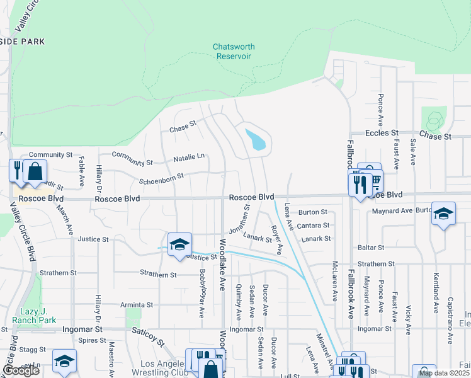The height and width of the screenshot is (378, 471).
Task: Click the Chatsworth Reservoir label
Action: pos(233,52)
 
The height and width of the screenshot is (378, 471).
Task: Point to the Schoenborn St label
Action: pos(162,178)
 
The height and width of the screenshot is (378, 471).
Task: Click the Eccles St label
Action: pos(383,134)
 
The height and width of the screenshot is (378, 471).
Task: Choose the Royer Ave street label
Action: pos(276,239)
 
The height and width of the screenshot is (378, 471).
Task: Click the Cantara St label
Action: pos(314,226)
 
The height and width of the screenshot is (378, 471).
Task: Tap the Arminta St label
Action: pos(137,305)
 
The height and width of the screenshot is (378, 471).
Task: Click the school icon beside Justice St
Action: pos(179,243)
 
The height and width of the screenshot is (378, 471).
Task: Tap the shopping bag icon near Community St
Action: pos(35,171)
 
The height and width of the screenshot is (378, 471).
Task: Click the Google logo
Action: pos(21,370)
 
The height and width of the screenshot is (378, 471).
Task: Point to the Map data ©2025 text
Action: pos(443,373)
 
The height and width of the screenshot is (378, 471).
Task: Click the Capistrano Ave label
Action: pos(451,321)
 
